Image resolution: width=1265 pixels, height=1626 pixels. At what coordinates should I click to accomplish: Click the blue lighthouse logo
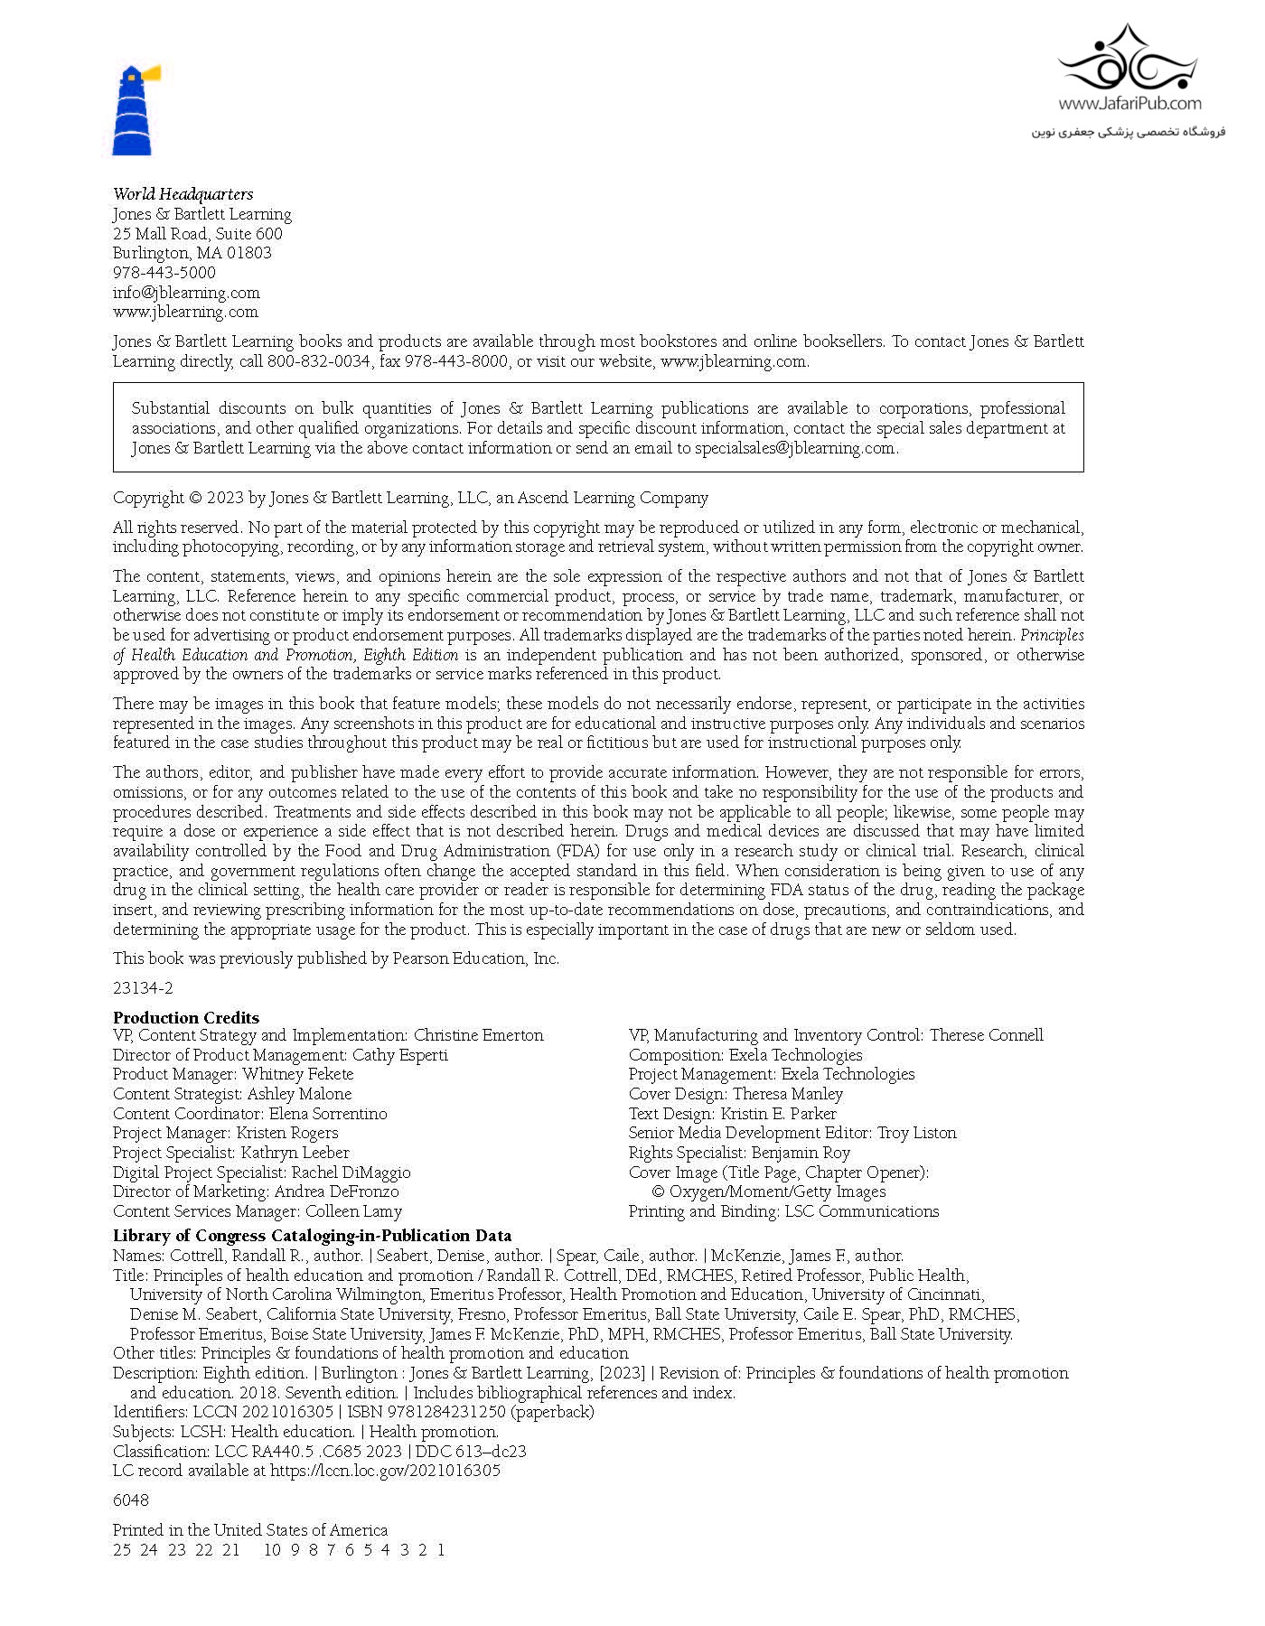click(134, 110)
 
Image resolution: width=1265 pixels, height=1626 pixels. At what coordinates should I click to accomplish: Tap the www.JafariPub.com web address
click(1129, 103)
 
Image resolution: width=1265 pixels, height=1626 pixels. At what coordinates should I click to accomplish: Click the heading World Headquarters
click(183, 194)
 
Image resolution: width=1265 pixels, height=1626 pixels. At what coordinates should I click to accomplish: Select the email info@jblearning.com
click(186, 293)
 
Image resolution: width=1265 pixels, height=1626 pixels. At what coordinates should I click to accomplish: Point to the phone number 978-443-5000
click(164, 273)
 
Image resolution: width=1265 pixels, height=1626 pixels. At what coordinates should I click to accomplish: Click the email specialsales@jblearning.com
click(794, 448)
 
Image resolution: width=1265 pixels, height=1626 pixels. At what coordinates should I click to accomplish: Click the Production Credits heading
click(186, 1017)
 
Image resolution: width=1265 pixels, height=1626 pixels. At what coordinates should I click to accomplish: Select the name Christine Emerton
click(478, 1035)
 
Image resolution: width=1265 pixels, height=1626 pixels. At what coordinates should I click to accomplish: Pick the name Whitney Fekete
click(297, 1074)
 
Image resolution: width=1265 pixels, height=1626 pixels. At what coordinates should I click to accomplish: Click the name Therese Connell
click(986, 1035)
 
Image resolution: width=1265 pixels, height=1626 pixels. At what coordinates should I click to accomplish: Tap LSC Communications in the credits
click(861, 1211)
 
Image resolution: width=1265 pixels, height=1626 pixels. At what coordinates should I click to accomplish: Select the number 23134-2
click(143, 988)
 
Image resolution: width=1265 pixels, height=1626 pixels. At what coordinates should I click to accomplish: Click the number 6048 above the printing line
click(131, 1500)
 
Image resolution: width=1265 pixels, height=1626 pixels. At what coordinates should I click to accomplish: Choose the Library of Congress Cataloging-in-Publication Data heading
click(313, 1236)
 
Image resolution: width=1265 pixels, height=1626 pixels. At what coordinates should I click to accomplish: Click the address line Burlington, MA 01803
click(192, 253)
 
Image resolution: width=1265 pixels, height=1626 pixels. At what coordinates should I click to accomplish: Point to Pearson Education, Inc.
click(475, 958)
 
